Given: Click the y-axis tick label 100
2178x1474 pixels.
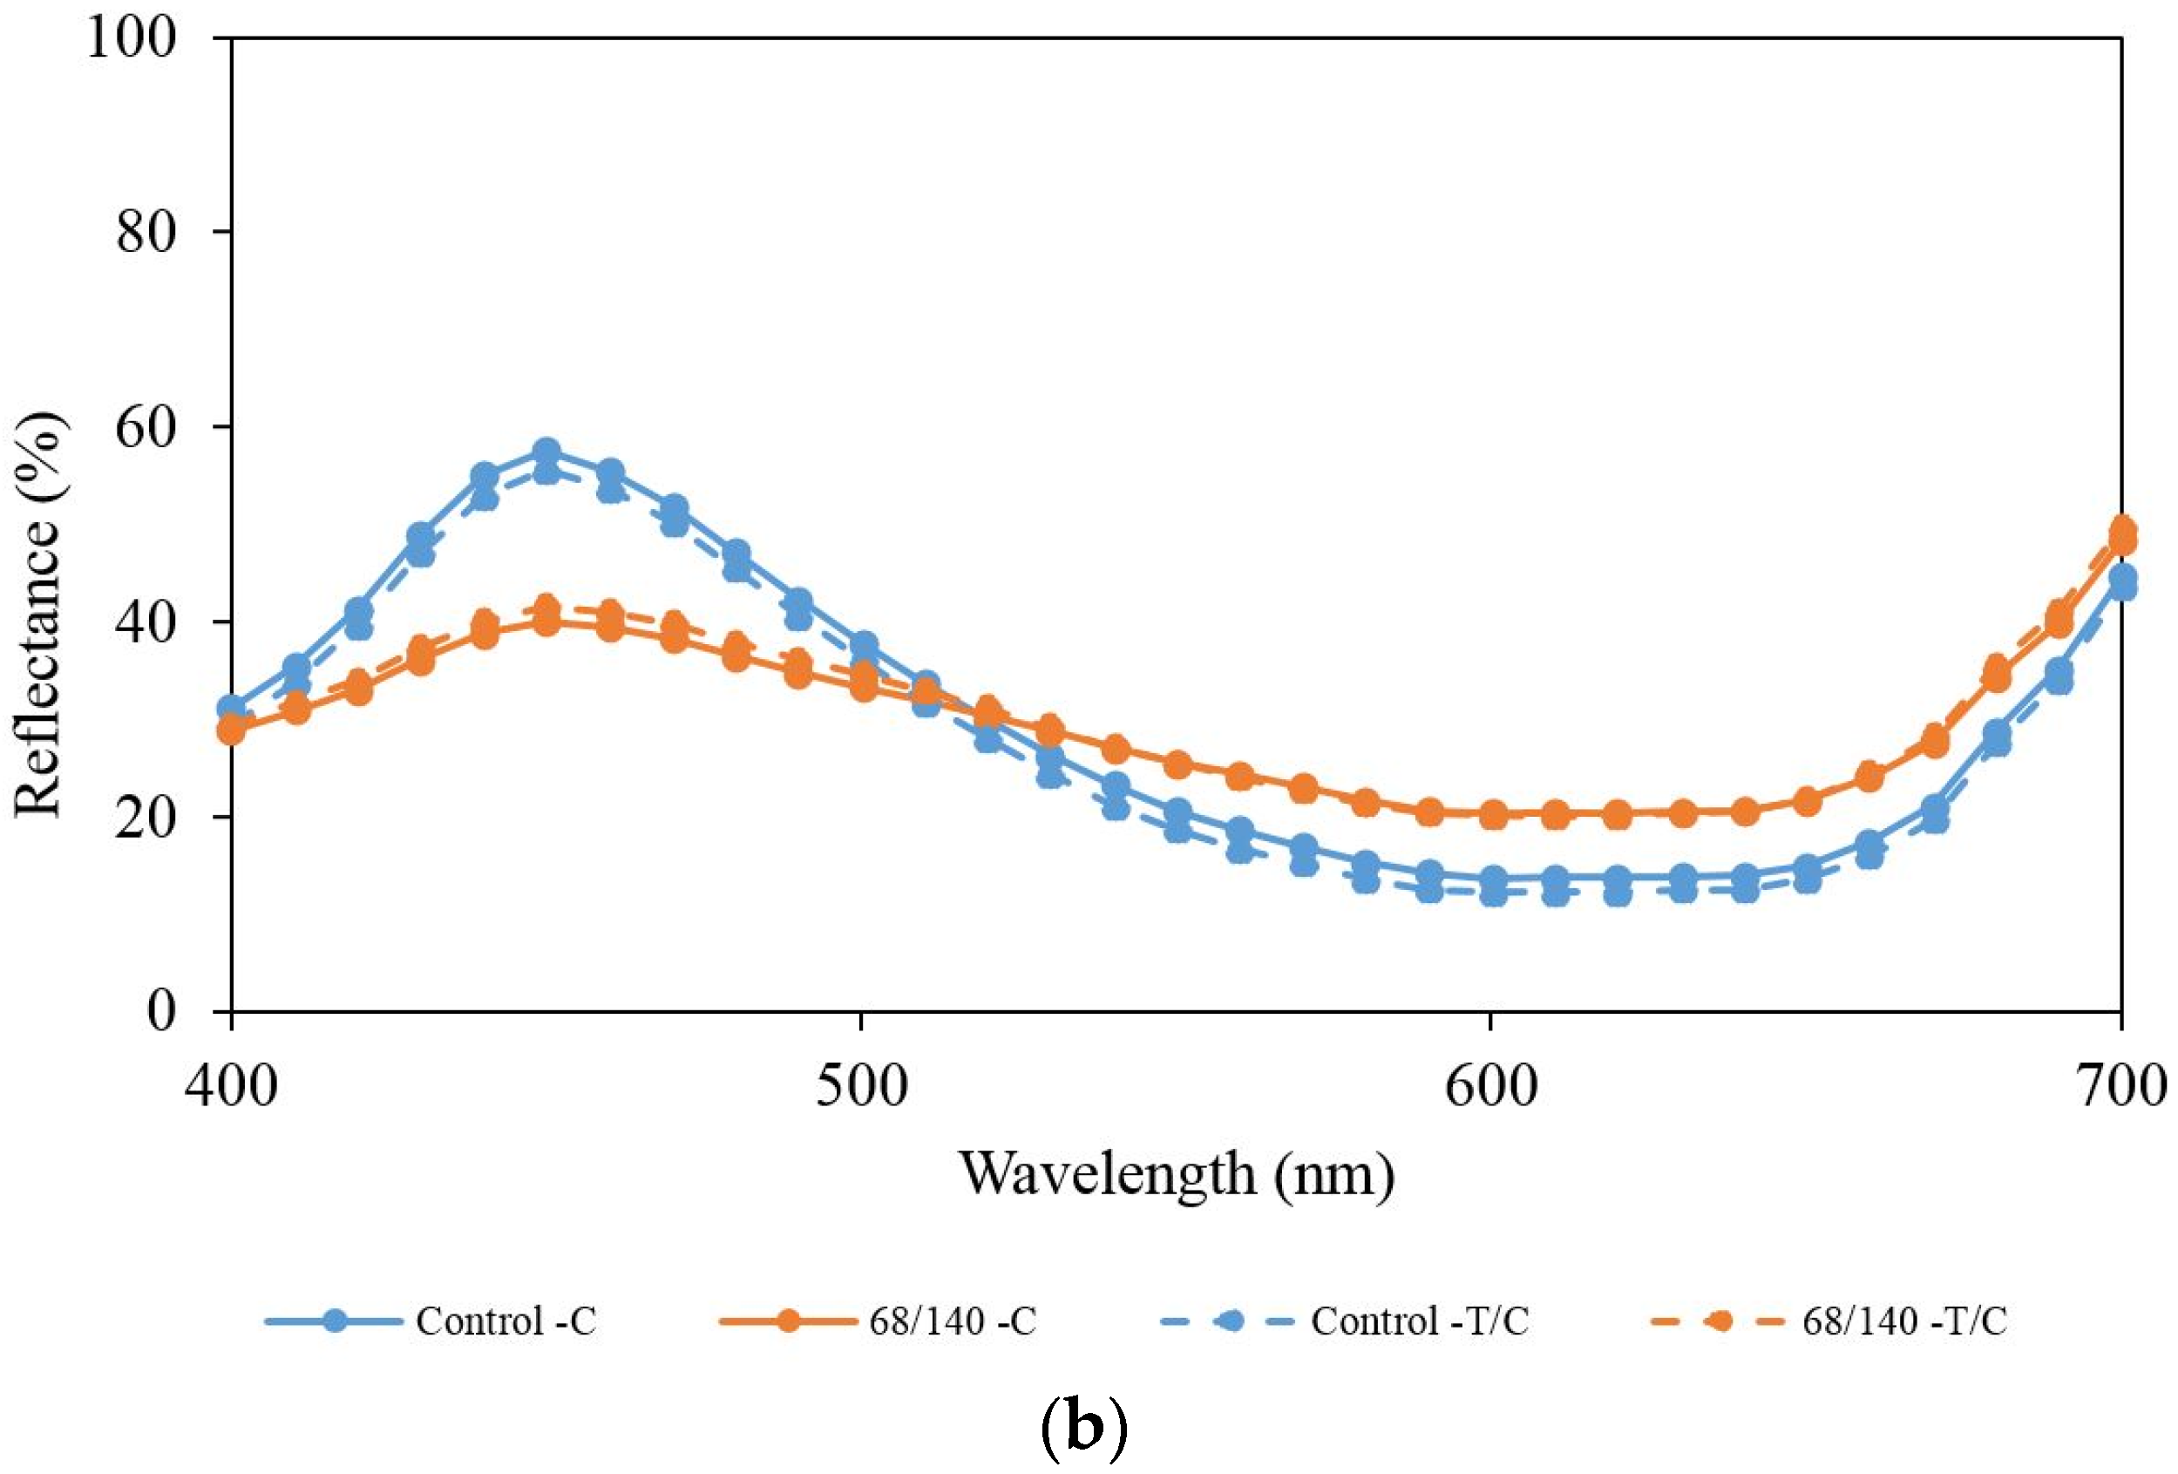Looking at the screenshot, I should point(132,39).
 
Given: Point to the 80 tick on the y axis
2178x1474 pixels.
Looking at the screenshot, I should point(146,233).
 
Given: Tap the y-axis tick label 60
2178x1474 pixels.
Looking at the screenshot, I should point(146,427).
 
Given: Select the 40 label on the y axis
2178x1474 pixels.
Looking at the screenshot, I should point(146,622).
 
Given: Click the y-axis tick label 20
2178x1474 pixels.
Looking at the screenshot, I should point(146,817).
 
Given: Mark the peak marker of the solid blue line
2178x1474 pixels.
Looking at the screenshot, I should point(546,452).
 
